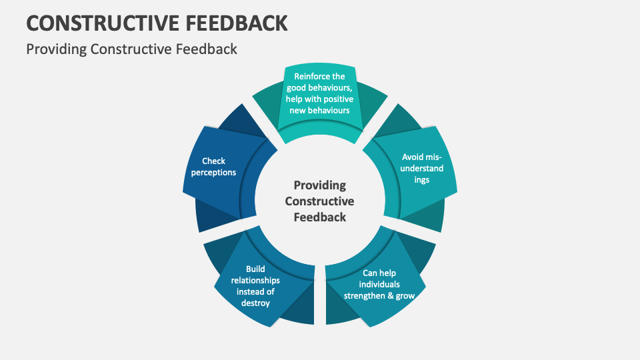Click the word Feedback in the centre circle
tap(320, 217)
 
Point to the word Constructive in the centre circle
tap(320, 201)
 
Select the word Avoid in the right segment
tap(413, 157)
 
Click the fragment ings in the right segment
tap(421, 179)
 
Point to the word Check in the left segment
tap(213, 161)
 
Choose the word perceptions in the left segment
tap(213, 172)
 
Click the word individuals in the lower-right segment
tap(379, 284)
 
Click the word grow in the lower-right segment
tap(406, 295)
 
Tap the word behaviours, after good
tap(331, 87)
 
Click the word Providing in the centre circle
tap(320, 185)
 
